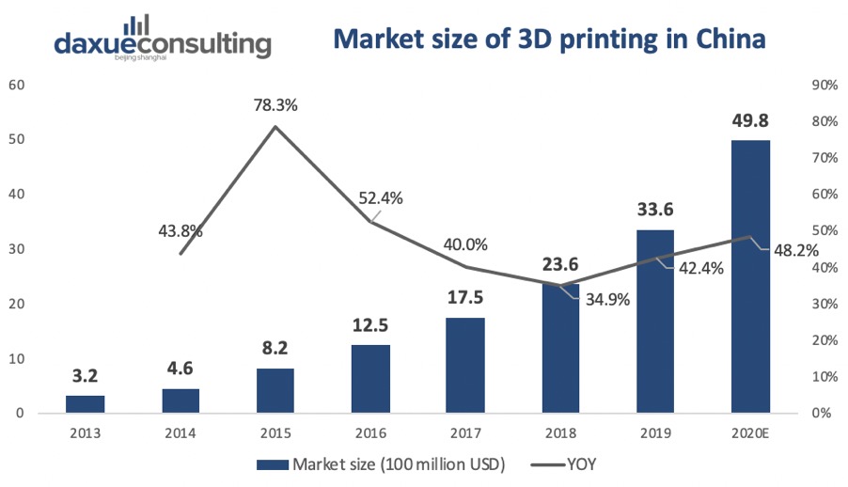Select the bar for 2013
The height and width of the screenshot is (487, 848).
(x=86, y=404)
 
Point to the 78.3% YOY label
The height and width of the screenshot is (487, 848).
(x=275, y=105)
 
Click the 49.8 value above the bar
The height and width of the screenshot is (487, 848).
(x=750, y=123)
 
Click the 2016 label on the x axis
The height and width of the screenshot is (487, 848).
(x=370, y=435)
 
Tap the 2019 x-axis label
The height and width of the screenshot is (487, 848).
(x=655, y=435)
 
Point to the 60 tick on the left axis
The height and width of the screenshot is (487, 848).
(x=16, y=85)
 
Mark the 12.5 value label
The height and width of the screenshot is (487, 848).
(x=370, y=326)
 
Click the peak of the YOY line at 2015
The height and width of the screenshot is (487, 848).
(x=275, y=127)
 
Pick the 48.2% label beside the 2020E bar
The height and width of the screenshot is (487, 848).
(x=795, y=251)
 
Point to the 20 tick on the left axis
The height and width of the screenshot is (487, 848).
(x=16, y=304)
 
